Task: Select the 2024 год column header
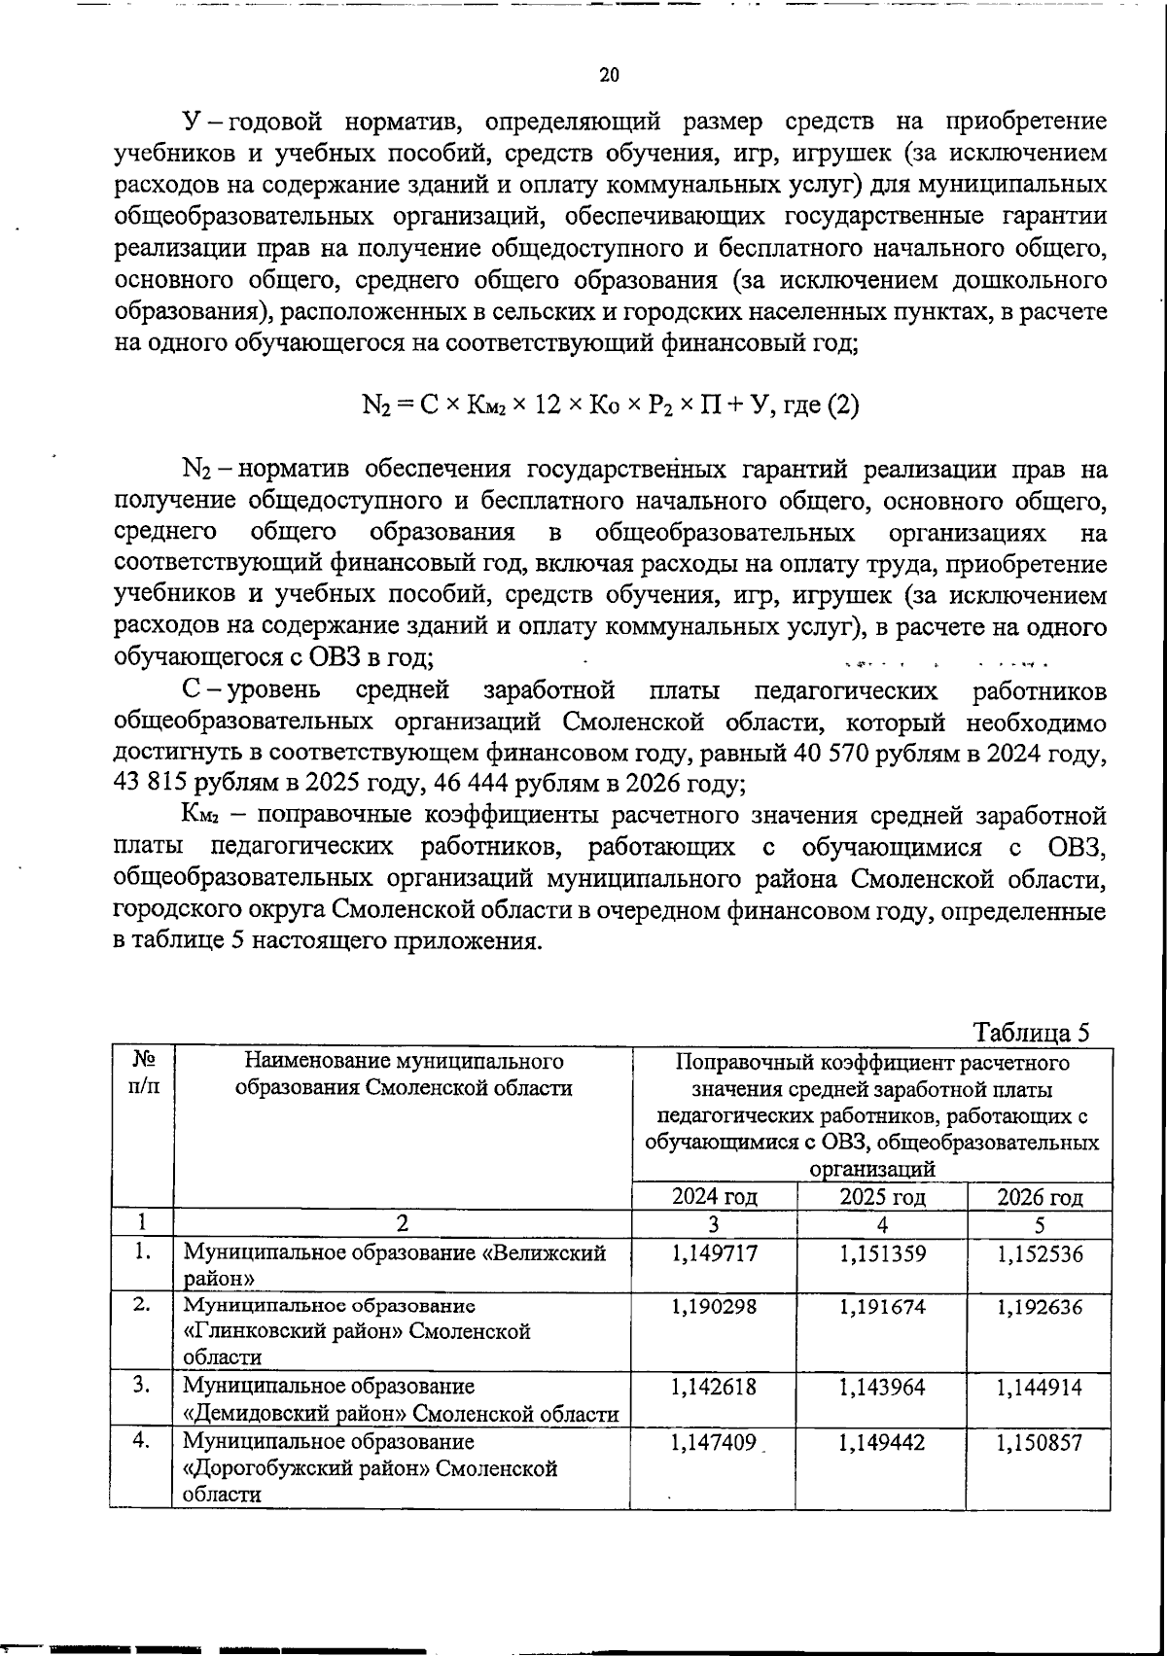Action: tap(714, 1196)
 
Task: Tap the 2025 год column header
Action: tap(882, 1196)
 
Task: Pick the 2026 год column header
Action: tap(1040, 1196)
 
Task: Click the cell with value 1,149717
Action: tap(714, 1254)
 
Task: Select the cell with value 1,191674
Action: tap(882, 1307)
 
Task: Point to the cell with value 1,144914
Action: tap(1040, 1387)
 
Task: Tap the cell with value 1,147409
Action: tap(714, 1443)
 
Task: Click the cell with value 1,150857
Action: tap(1040, 1443)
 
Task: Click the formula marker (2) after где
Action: tap(842, 405)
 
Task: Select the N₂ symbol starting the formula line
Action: tap(375, 405)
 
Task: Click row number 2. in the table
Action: tap(142, 1305)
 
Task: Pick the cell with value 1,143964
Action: tap(882, 1387)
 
